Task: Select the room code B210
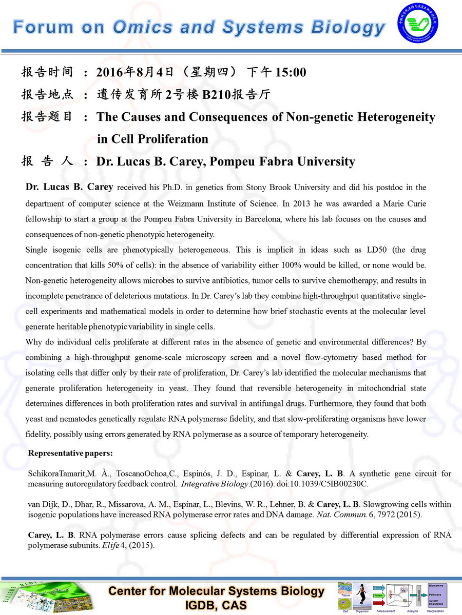218,95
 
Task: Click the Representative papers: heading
70,454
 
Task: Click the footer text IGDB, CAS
216,605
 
